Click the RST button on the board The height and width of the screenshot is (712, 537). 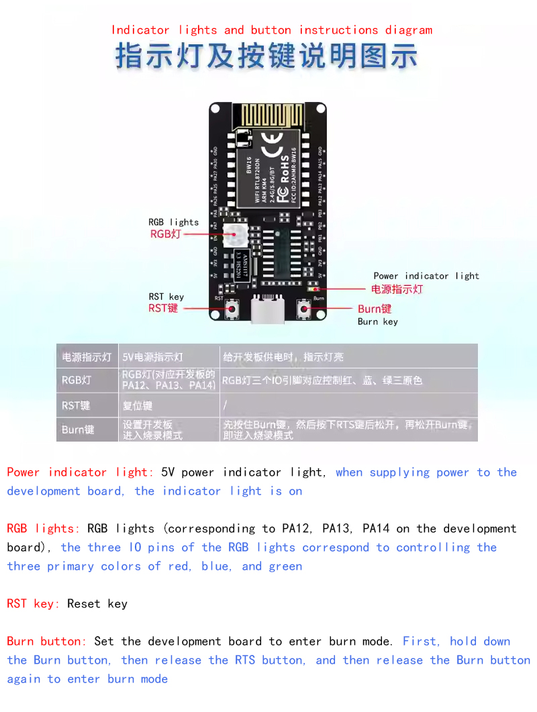tap(232, 309)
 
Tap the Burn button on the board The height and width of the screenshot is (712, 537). tap(304, 309)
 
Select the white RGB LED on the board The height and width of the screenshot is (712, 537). tap(234, 234)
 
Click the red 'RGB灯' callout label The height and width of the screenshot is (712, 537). tap(165, 234)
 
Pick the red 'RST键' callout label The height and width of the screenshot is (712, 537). tap(163, 309)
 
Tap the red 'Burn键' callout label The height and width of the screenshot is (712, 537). tap(375, 309)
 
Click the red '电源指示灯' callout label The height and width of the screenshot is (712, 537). tap(397, 289)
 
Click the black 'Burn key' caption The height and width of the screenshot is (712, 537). tap(377, 321)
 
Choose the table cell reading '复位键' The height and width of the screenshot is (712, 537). tap(138, 405)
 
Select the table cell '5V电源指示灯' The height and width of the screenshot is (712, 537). tap(152, 357)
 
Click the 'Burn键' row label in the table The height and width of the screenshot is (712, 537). tap(78, 429)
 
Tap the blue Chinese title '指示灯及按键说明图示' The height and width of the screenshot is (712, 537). tap(266, 56)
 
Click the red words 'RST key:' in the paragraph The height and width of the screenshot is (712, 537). tap(34, 603)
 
